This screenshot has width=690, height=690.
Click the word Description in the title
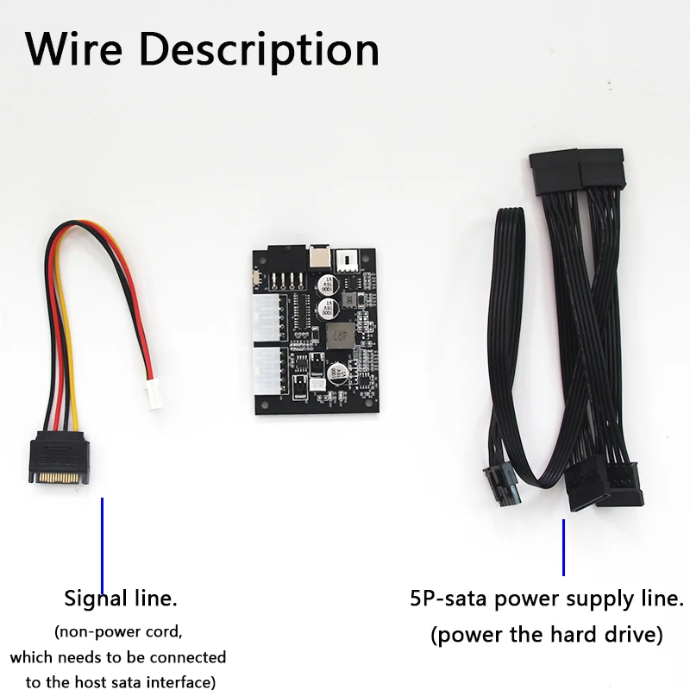point(259,52)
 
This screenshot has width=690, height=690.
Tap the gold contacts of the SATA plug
point(59,478)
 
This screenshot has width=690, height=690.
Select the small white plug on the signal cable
point(154,394)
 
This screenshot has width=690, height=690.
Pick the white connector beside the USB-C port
point(348,260)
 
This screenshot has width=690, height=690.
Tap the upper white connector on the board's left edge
point(267,318)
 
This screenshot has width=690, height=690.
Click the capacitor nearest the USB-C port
point(328,285)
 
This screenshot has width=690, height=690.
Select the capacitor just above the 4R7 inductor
point(328,308)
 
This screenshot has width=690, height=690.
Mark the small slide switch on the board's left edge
point(256,278)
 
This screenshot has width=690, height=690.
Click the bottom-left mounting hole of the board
point(264,405)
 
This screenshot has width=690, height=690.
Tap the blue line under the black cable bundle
point(563,548)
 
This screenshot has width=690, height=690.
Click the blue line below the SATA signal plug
point(102,546)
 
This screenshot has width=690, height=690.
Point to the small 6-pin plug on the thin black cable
point(502,483)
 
